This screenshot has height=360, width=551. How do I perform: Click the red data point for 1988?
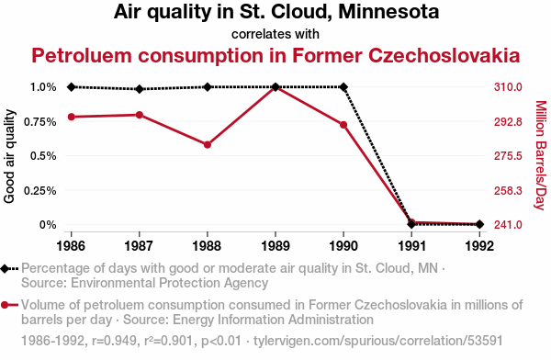(x=208, y=144)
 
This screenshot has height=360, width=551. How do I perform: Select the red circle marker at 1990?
(x=343, y=125)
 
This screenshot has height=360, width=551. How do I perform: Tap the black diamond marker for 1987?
(x=140, y=89)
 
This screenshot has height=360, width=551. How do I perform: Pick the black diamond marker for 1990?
(x=343, y=87)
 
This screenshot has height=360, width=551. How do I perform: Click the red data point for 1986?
(x=72, y=117)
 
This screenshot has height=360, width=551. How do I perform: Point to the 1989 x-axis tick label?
(x=275, y=246)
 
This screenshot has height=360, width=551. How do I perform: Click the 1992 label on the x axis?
(x=479, y=246)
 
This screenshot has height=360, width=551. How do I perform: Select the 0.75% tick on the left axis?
(x=40, y=121)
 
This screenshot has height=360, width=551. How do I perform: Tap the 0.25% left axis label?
(x=40, y=190)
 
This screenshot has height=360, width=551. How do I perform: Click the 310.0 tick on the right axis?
(x=508, y=87)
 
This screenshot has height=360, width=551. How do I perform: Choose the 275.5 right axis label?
(x=508, y=156)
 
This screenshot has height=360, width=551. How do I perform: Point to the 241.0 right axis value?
(x=508, y=224)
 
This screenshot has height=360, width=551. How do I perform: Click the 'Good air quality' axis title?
(x=9, y=156)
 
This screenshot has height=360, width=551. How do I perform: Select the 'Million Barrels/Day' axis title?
(x=541, y=155)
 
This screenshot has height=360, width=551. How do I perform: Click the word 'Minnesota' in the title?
(x=388, y=11)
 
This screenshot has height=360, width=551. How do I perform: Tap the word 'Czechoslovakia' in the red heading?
(x=444, y=55)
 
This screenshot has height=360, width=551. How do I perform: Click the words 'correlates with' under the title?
(x=275, y=34)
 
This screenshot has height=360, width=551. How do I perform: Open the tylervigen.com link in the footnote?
(x=378, y=341)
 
